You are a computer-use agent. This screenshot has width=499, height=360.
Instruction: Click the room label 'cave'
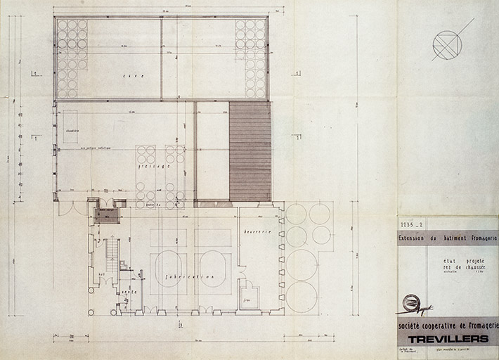click(x=133, y=76)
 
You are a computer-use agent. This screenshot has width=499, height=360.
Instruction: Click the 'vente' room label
click(x=129, y=293)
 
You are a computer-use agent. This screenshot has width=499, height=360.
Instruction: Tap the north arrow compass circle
click(x=447, y=46)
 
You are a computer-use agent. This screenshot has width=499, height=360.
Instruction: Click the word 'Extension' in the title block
click(x=415, y=238)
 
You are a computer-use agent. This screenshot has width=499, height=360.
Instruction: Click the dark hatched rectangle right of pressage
click(x=250, y=150)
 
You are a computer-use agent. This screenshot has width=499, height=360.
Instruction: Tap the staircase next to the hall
click(x=111, y=257)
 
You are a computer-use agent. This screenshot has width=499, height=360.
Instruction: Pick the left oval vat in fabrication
click(x=168, y=267)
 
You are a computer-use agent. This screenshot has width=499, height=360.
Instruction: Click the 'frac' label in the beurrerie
click(x=247, y=297)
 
